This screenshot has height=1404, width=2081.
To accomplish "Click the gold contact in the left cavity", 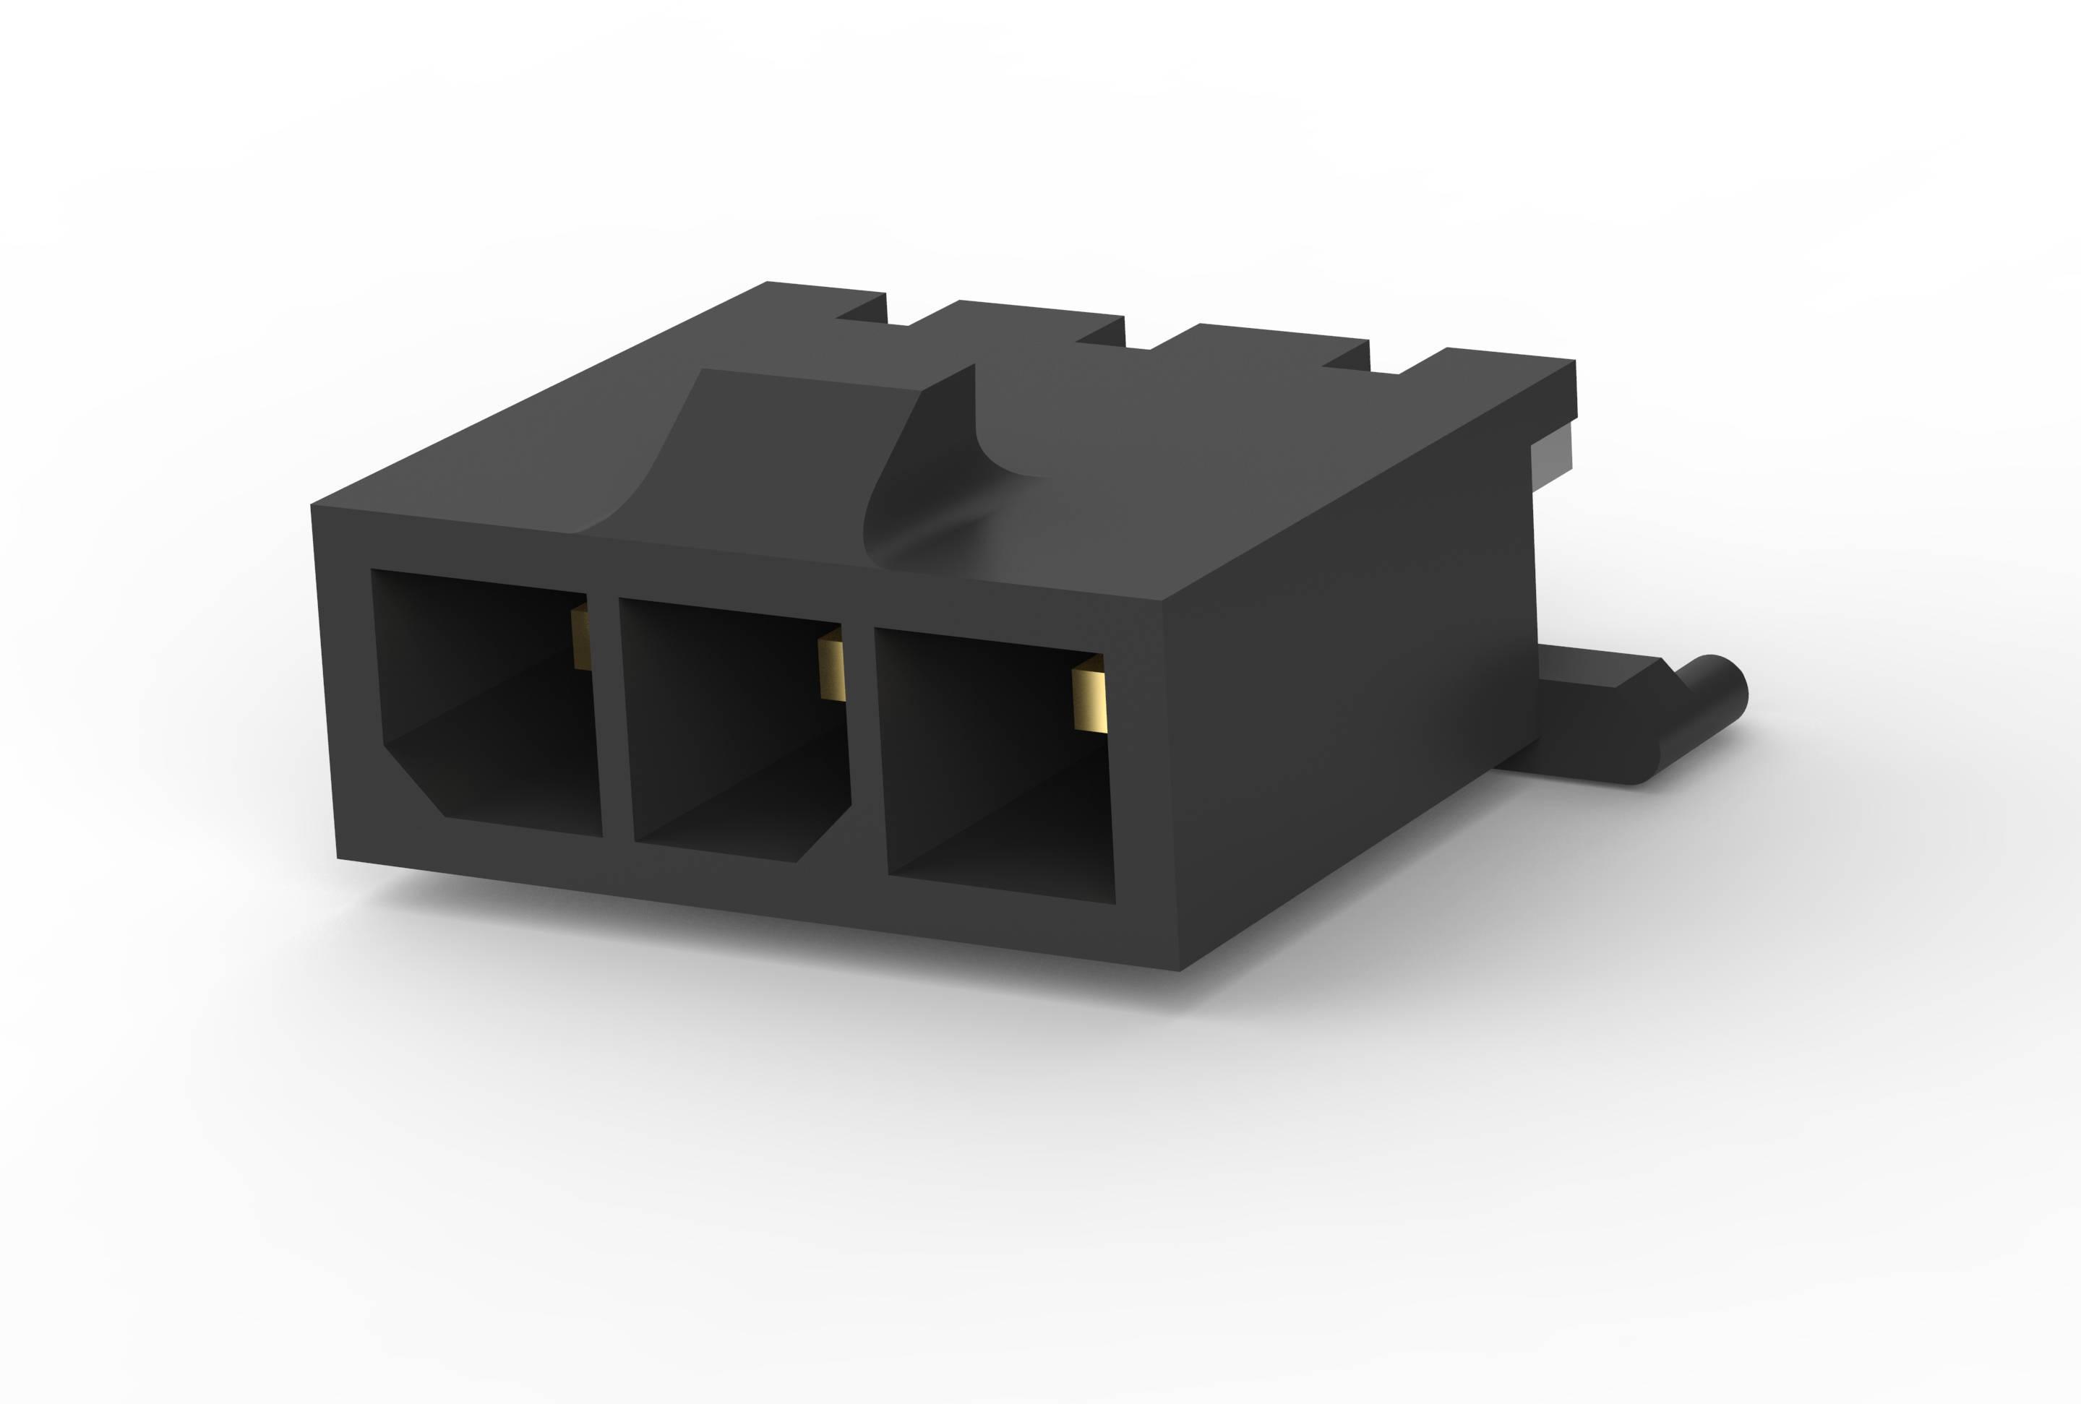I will point(581,637).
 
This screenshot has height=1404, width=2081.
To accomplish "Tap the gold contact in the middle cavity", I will point(832,663).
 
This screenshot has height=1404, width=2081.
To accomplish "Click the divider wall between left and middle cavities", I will point(612,716).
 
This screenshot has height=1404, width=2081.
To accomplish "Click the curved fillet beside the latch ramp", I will point(931,510).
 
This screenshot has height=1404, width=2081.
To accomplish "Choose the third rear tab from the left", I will point(1271,344).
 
